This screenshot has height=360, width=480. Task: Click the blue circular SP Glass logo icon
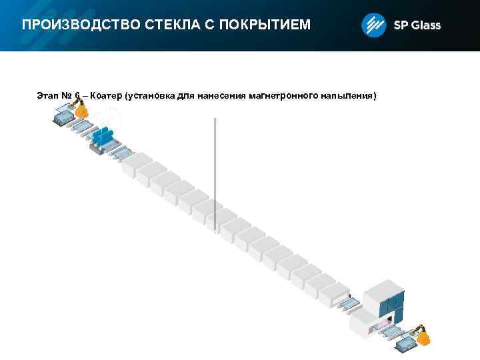tap(373, 26)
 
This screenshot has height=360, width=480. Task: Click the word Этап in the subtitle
tap(49, 96)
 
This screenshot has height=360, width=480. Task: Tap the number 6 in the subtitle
tap(77, 96)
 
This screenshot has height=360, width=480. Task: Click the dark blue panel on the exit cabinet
tap(393, 306)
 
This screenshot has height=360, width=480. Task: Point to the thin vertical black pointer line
tap(215, 173)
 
